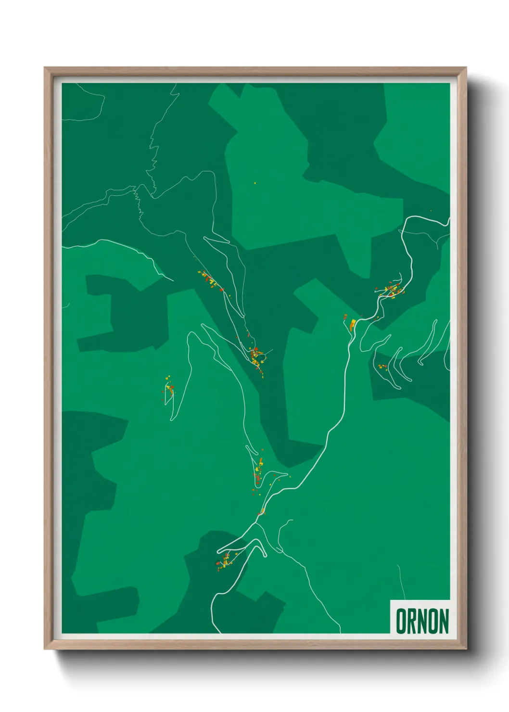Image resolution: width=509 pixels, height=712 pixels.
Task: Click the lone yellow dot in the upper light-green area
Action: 255,183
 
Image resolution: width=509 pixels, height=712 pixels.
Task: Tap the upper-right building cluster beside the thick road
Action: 392,290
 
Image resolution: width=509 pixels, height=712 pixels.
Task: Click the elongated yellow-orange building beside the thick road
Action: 352,324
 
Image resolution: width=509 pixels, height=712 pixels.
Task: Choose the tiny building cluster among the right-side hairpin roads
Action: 382,367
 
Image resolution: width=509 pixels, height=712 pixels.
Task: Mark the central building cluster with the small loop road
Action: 256,356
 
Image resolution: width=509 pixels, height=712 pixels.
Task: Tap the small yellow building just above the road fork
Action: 263,510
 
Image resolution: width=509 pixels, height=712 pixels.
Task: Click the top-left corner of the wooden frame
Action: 45,68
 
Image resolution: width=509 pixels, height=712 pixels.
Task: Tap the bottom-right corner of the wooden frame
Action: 466,648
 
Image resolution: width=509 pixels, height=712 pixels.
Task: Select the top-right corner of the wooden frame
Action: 466,68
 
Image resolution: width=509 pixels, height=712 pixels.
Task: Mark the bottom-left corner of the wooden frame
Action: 45,648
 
